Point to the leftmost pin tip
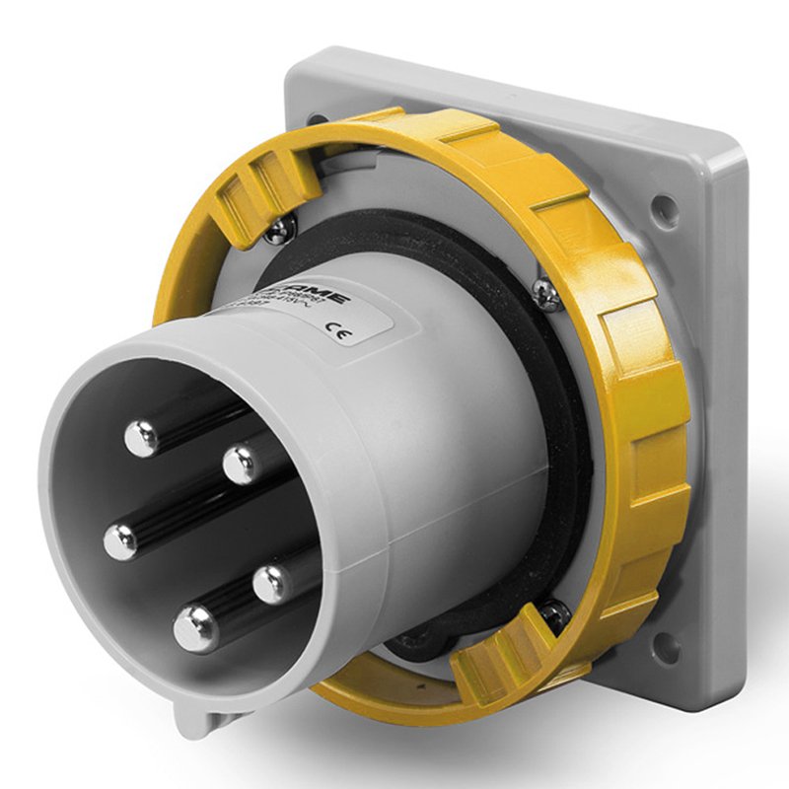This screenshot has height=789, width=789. pos(122,539)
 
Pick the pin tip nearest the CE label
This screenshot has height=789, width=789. pos(241,463)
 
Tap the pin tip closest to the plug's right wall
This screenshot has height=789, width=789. pos(271,583)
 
